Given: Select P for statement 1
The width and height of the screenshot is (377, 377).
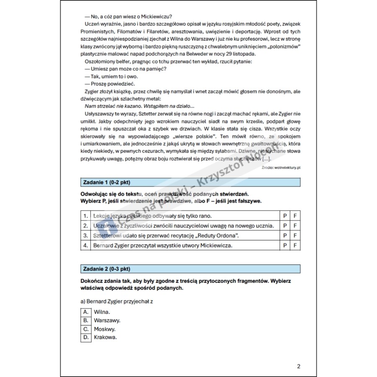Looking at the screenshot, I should (285, 216).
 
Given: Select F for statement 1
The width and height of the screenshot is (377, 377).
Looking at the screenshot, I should (295, 216).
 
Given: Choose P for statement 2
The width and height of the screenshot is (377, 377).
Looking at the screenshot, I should (285, 226).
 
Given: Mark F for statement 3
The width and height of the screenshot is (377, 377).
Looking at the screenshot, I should (295, 235).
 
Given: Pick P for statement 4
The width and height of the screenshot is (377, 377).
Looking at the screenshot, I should (285, 245).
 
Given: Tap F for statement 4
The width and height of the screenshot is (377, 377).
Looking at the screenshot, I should (295, 245).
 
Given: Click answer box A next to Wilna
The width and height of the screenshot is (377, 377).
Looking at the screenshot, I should (85, 312).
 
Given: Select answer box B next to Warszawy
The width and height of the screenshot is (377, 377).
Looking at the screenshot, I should (85, 320).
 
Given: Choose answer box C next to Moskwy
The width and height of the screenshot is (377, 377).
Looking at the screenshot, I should (85, 329).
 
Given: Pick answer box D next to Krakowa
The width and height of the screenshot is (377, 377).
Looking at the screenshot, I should (85, 337).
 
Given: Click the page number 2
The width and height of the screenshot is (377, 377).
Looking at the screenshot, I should (298, 367).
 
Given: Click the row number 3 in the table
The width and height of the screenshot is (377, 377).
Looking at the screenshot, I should (85, 235).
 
